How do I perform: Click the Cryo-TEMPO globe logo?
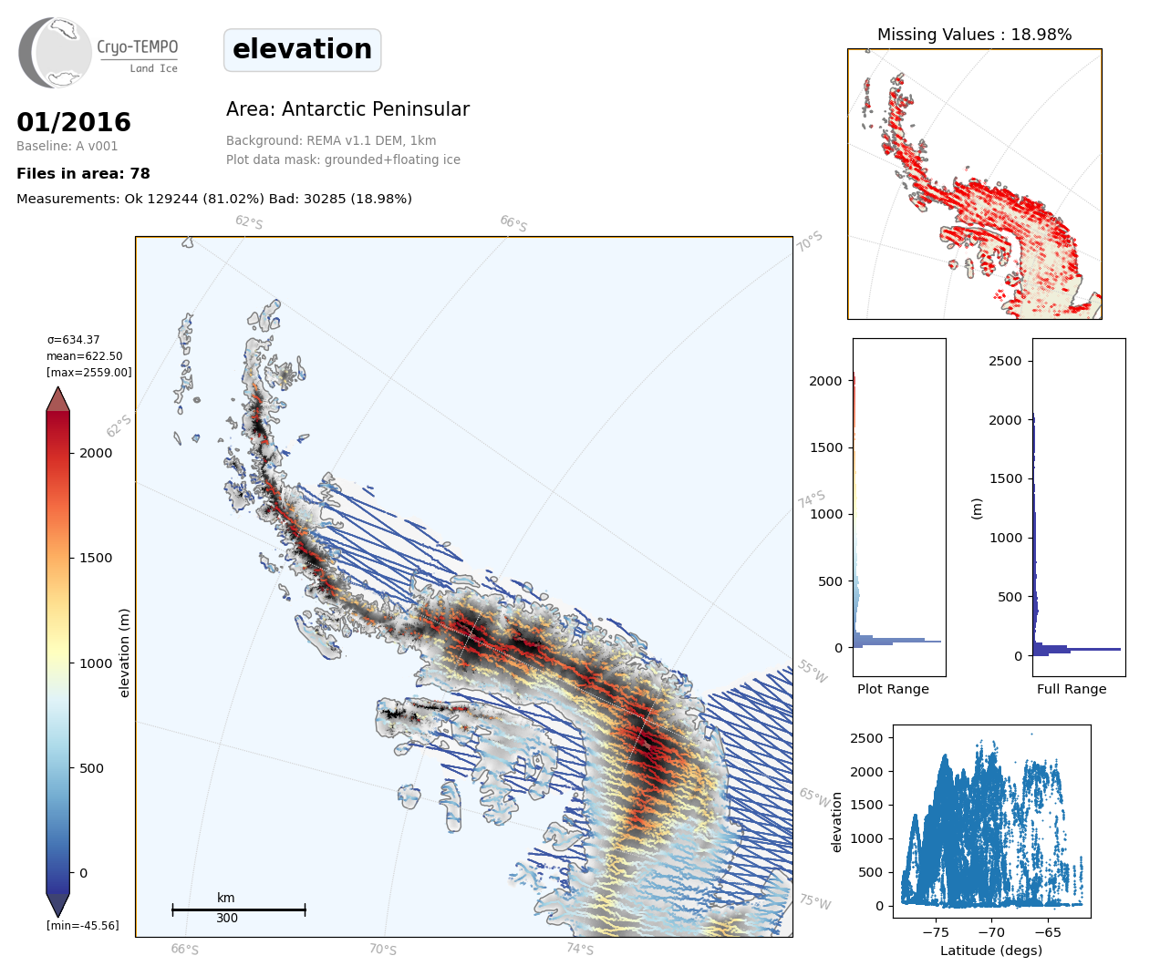tap(56, 53)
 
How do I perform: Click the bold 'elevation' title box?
tap(302, 49)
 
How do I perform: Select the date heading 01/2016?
tap(74, 122)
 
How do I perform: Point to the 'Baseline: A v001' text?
tap(67, 146)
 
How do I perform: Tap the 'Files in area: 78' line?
tap(83, 173)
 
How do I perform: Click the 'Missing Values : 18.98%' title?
tap(974, 35)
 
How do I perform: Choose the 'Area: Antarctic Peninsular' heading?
tap(347, 109)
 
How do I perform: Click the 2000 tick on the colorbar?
tap(96, 453)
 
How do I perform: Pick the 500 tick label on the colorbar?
tap(91, 768)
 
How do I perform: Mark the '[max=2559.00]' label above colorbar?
tap(89, 373)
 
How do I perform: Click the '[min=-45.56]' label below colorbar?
tap(83, 926)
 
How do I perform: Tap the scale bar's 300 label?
tap(227, 918)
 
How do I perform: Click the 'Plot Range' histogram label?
tap(893, 689)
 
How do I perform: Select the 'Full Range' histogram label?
tap(1072, 689)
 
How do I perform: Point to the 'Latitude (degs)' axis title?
tap(991, 951)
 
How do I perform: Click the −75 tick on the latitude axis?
tap(936, 932)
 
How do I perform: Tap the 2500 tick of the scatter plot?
tap(867, 738)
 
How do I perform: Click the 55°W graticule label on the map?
tap(813, 672)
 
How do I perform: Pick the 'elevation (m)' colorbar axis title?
tap(125, 653)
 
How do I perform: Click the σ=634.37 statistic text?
tap(74, 340)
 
